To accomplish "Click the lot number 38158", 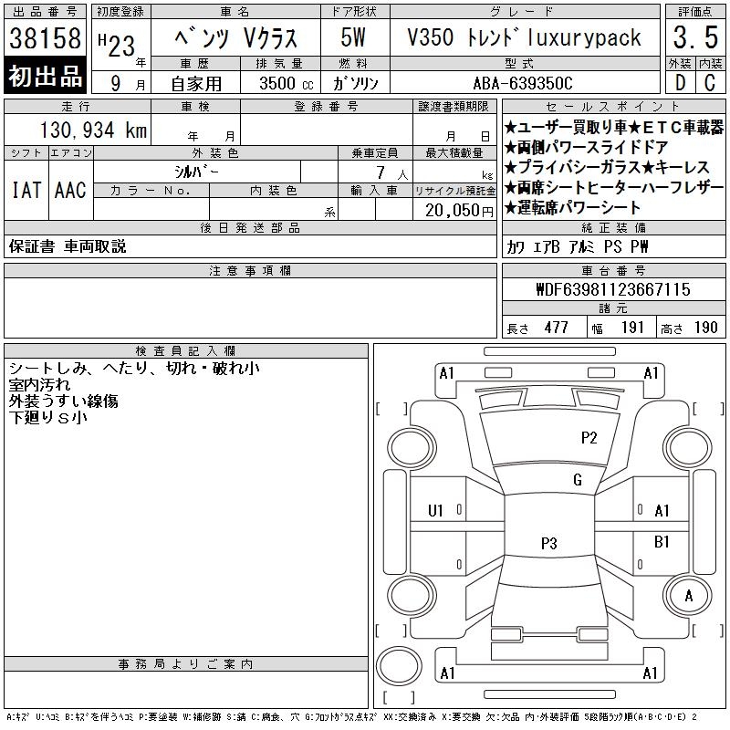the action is pyautogui.click(x=45, y=38).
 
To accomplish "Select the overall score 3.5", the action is pyautogui.click(x=695, y=37).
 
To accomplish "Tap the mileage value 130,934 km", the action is pyautogui.click(x=93, y=130).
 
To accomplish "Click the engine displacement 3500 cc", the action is pyautogui.click(x=287, y=83).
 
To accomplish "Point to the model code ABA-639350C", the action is pyautogui.click(x=523, y=83).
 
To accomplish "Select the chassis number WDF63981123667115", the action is pyautogui.click(x=613, y=289).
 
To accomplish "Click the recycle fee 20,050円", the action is pyautogui.click(x=459, y=211).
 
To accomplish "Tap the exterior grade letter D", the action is pyautogui.click(x=680, y=83).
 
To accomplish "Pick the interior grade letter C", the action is pyautogui.click(x=710, y=83).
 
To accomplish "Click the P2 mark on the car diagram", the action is pyautogui.click(x=589, y=438).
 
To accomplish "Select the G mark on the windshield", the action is pyautogui.click(x=578, y=480).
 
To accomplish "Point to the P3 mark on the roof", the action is pyautogui.click(x=549, y=543).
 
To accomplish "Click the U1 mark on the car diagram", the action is pyautogui.click(x=435, y=511).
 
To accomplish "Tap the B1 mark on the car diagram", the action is pyautogui.click(x=662, y=542).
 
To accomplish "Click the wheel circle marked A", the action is pyautogui.click(x=688, y=595).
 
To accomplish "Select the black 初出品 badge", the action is pyautogui.click(x=45, y=75).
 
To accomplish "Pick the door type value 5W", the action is pyautogui.click(x=353, y=37).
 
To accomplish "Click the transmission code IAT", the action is pyautogui.click(x=26, y=190).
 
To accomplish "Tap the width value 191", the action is pyautogui.click(x=632, y=328).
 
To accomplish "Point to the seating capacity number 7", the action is pyautogui.click(x=381, y=172).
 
